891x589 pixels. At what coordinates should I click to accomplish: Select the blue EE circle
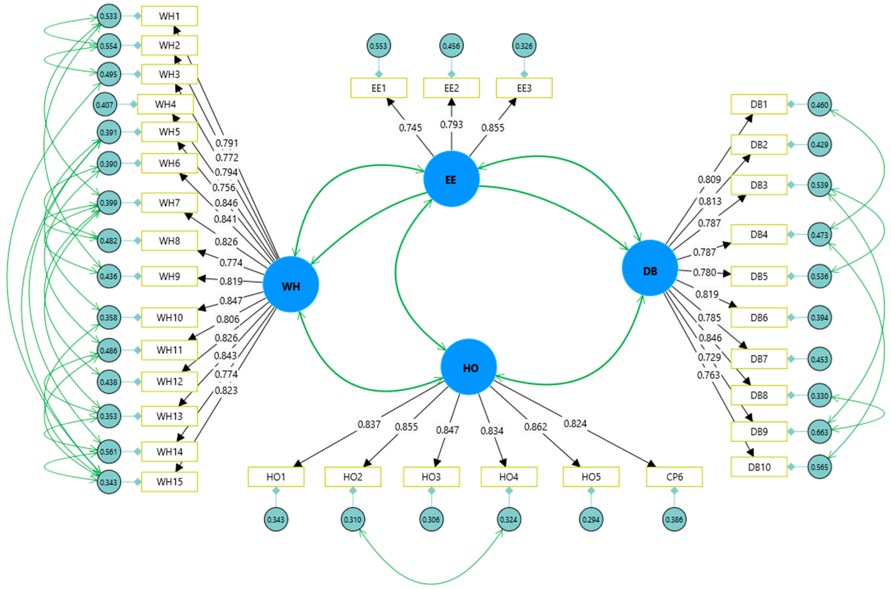point(451,179)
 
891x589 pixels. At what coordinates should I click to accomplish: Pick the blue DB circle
point(650,268)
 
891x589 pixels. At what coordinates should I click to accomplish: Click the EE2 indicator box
point(451,88)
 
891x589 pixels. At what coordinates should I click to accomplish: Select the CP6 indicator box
point(674,477)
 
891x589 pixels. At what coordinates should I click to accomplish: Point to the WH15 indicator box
point(169,482)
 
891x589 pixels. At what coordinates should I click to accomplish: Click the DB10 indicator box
point(759,467)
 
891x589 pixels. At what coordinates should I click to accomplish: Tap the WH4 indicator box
point(165,104)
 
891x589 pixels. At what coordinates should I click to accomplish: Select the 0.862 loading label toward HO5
point(536,427)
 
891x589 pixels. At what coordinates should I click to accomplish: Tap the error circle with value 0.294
point(591,519)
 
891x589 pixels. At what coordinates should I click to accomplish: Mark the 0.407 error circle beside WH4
point(104,104)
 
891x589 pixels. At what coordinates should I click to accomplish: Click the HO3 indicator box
point(431,477)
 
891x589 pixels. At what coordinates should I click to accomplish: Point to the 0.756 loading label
point(224,187)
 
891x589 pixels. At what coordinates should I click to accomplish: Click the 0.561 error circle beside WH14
point(109,451)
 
